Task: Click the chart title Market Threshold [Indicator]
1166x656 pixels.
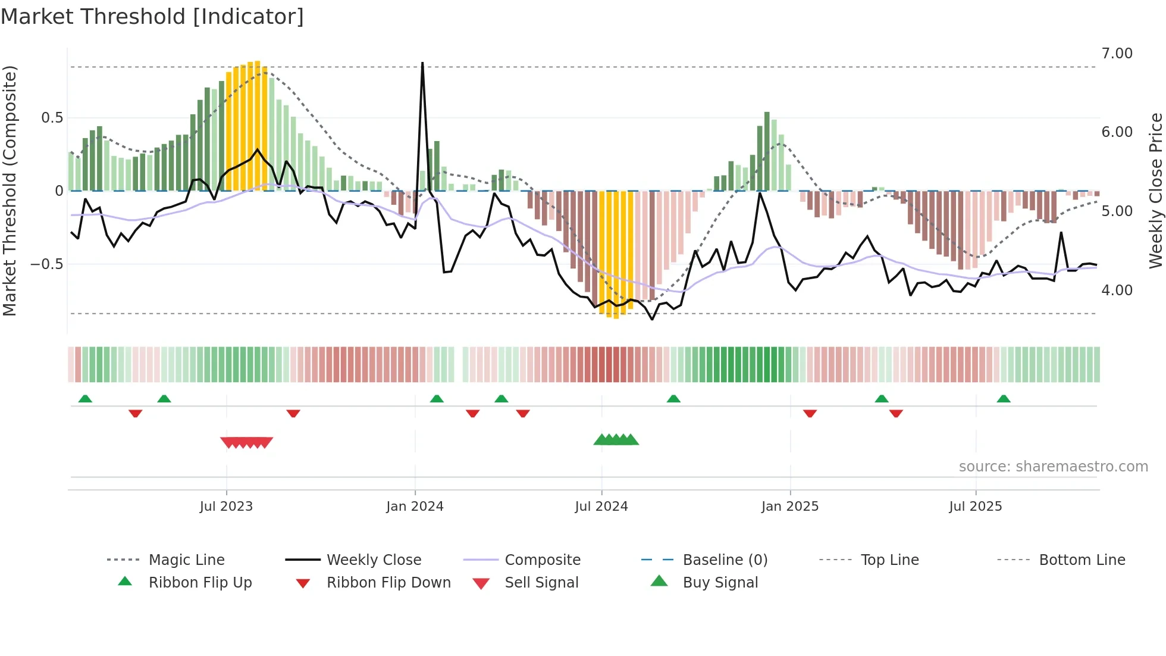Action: click(x=152, y=17)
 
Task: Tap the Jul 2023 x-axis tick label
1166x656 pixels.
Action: click(x=226, y=507)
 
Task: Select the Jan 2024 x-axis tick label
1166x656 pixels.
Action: click(x=415, y=507)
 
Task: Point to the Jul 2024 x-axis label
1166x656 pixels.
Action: click(x=601, y=507)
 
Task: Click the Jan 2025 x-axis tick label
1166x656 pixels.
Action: click(x=790, y=507)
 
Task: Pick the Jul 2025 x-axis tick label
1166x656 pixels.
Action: click(x=976, y=507)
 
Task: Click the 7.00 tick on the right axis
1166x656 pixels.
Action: click(x=1117, y=54)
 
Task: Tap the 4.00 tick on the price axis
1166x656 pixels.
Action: click(x=1117, y=290)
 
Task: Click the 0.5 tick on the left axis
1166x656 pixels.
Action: click(x=52, y=118)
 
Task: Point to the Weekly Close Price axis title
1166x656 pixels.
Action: click(x=1155, y=190)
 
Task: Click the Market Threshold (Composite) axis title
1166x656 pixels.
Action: click(x=10, y=190)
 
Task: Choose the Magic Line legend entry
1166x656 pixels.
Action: click(x=186, y=560)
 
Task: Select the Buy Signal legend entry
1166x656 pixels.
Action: click(x=720, y=583)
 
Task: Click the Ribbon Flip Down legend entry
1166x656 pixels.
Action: click(x=388, y=583)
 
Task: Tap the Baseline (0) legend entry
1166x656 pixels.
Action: click(x=725, y=560)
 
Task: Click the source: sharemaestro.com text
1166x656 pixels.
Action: click(x=1053, y=467)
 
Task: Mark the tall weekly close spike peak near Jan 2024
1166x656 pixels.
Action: click(x=422, y=63)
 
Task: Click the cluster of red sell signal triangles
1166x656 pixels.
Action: click(x=246, y=442)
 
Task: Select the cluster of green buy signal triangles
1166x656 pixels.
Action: click(x=616, y=440)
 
